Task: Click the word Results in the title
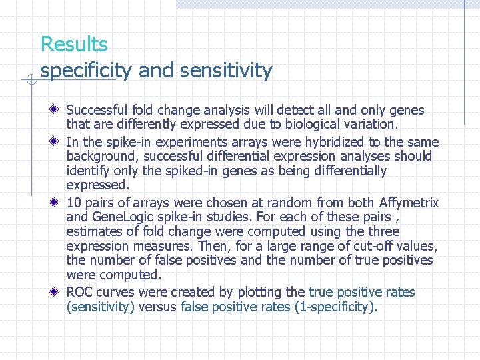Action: tap(74, 45)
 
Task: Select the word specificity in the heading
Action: tap(86, 70)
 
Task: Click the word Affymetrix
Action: tap(409, 203)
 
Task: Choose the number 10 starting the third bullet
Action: tap(74, 203)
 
